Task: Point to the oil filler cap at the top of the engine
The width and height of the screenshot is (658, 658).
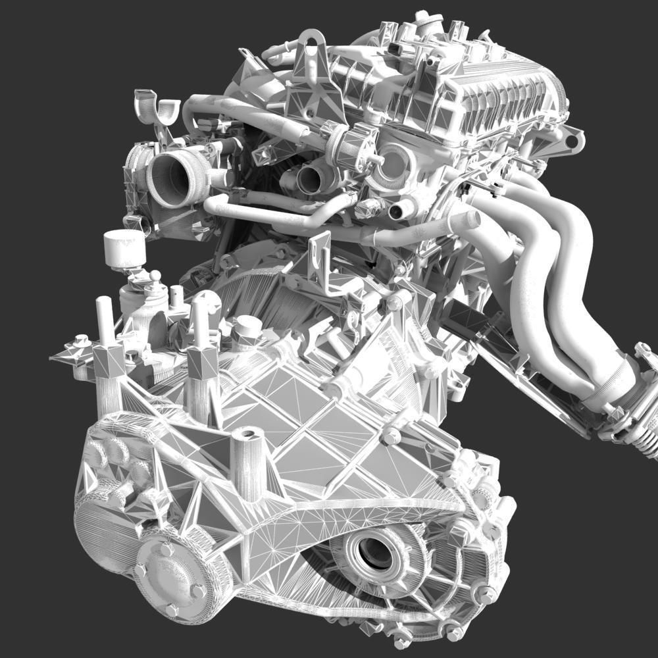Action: coord(428,26)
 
